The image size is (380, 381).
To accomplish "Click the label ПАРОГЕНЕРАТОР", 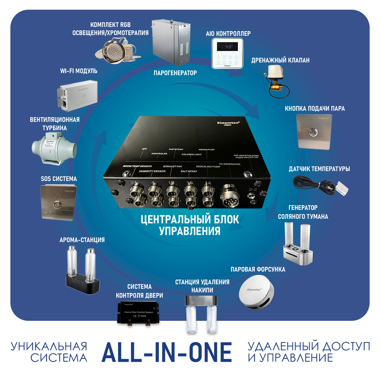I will click(175, 73).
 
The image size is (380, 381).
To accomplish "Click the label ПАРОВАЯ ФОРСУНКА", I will click(258, 269).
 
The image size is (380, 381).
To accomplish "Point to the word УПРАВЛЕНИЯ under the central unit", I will click(190, 231).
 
